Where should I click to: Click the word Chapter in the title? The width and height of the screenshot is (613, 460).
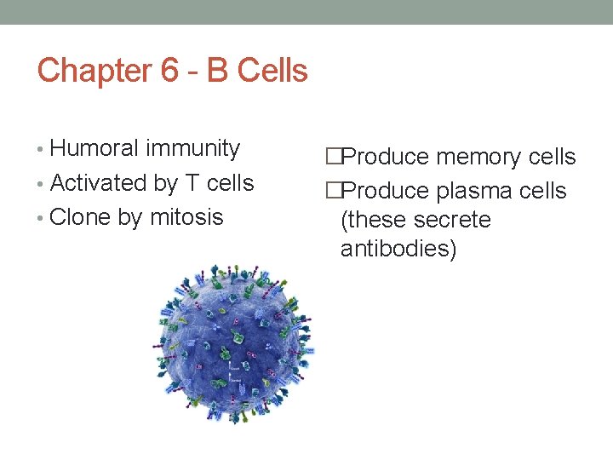(x=93, y=70)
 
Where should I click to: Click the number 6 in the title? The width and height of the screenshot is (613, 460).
(x=170, y=70)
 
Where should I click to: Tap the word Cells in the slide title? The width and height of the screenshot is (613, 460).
(x=272, y=70)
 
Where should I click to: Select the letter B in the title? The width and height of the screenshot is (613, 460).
(x=218, y=70)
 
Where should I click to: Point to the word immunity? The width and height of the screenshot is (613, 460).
(x=192, y=148)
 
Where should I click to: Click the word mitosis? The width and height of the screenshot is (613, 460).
(x=186, y=217)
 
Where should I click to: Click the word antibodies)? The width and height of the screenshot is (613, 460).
(x=398, y=249)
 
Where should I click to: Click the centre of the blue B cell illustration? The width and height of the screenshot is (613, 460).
(x=232, y=337)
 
